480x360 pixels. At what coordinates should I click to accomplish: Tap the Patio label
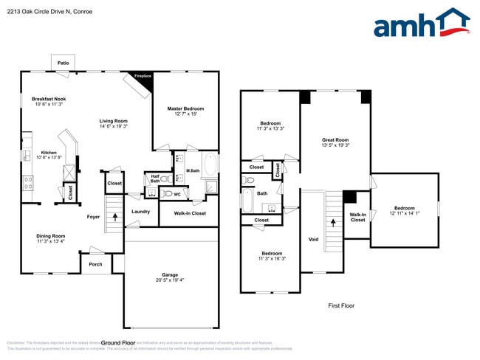click(x=64, y=63)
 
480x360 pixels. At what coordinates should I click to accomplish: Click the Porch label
click(x=95, y=264)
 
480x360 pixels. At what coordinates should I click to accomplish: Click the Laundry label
click(x=141, y=212)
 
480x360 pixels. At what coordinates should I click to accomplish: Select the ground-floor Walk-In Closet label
click(x=189, y=213)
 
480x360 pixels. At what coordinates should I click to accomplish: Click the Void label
click(x=313, y=240)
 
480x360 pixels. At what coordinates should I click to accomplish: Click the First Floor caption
click(x=342, y=305)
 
